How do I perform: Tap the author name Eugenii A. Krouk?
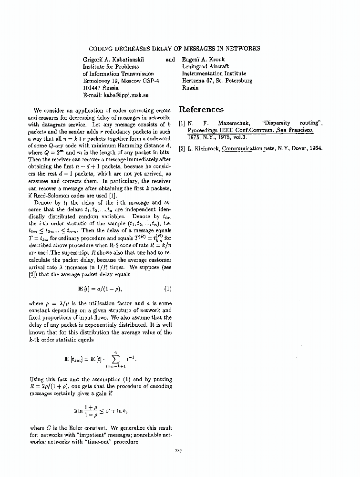[x=205, y=60]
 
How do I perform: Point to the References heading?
[x=201, y=109]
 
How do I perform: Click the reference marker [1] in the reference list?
[x=182, y=124]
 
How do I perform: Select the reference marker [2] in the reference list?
[x=182, y=148]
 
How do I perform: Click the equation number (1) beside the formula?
[x=167, y=288]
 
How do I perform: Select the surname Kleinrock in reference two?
[x=206, y=148]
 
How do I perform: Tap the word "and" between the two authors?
[x=170, y=60]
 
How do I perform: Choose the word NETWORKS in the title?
[x=243, y=49]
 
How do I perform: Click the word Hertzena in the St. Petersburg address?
[x=193, y=81]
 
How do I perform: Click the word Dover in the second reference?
[x=296, y=148]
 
